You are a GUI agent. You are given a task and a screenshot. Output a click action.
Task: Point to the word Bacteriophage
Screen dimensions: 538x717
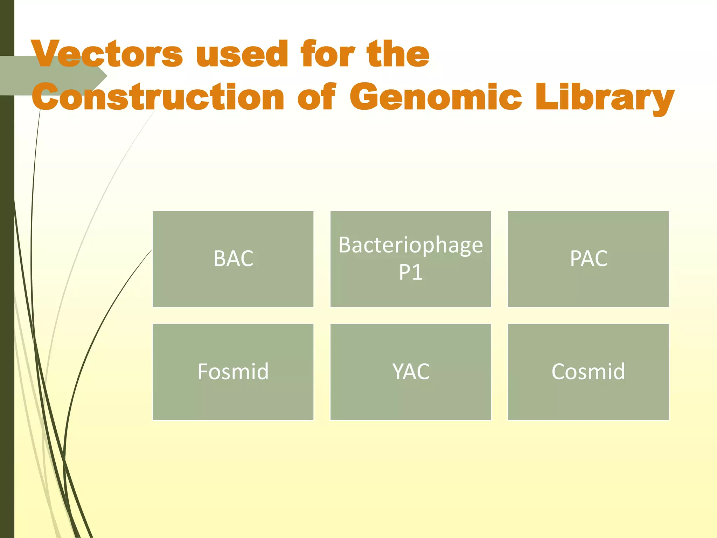[x=411, y=245]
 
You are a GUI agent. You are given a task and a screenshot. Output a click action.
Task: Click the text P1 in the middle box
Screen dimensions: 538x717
[x=411, y=272]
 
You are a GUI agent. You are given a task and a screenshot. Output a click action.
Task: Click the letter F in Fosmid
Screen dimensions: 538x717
[x=204, y=371]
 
